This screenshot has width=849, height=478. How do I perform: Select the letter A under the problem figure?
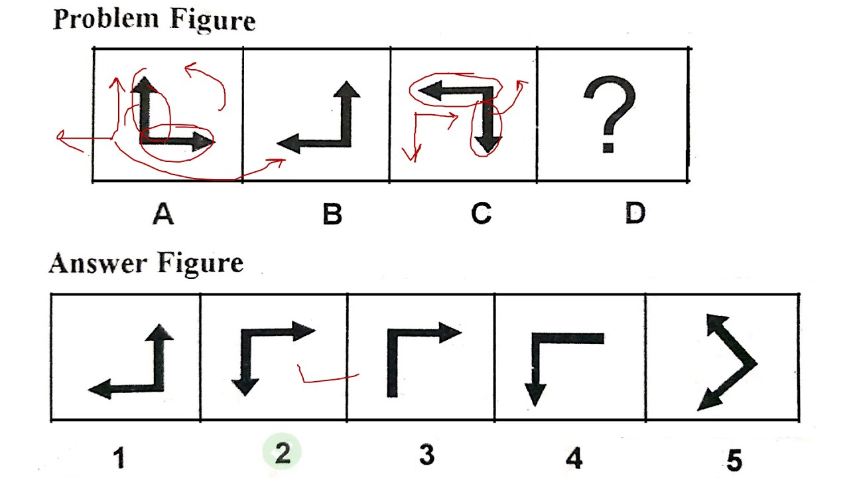[x=163, y=214]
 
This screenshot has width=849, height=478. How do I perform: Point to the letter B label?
[x=332, y=214]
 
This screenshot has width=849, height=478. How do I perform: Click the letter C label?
[x=481, y=214]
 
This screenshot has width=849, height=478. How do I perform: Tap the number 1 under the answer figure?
[x=119, y=457]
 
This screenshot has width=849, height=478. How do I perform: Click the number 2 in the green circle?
[x=283, y=453]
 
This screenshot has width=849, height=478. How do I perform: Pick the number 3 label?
[x=426, y=455]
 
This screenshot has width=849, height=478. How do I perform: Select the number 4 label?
[x=574, y=457]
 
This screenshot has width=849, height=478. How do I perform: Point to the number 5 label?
[x=734, y=459]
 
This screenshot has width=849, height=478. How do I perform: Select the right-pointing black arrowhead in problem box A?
[x=200, y=141]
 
